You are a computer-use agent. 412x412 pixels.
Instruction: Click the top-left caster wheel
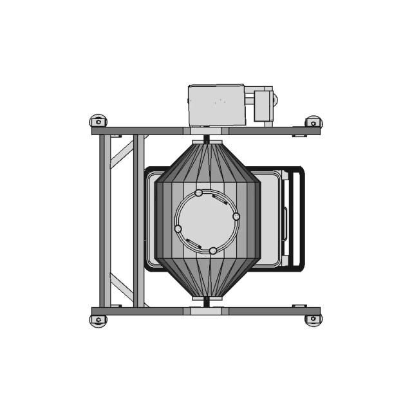[98, 120]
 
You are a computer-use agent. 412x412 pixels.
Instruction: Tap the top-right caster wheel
[314, 121]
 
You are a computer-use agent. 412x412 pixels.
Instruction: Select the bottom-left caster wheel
[98, 319]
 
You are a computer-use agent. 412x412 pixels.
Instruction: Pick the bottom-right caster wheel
[314, 319]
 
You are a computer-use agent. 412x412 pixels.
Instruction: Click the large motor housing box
[216, 104]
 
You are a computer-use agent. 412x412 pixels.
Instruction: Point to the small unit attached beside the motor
[263, 105]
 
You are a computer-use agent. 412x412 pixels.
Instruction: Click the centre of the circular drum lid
[207, 221]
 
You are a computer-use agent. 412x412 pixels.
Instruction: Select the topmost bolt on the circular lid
[198, 192]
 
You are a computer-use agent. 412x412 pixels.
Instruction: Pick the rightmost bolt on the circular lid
[236, 216]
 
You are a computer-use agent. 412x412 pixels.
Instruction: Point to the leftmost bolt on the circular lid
[178, 229]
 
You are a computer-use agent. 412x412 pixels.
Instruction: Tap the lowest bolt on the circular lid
[213, 250]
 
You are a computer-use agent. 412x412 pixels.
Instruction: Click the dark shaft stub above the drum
[206, 138]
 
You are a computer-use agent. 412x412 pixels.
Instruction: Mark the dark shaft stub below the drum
[206, 302]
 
